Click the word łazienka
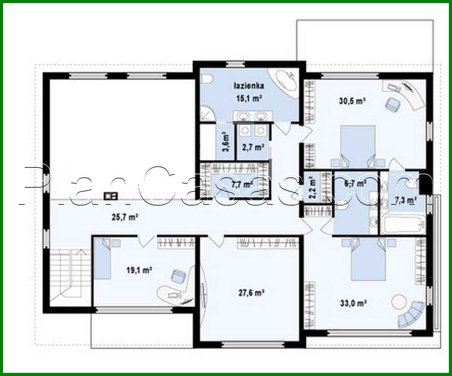point(248,86)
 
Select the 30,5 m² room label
point(353,101)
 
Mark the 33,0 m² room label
point(354,303)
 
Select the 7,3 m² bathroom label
point(405,200)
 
